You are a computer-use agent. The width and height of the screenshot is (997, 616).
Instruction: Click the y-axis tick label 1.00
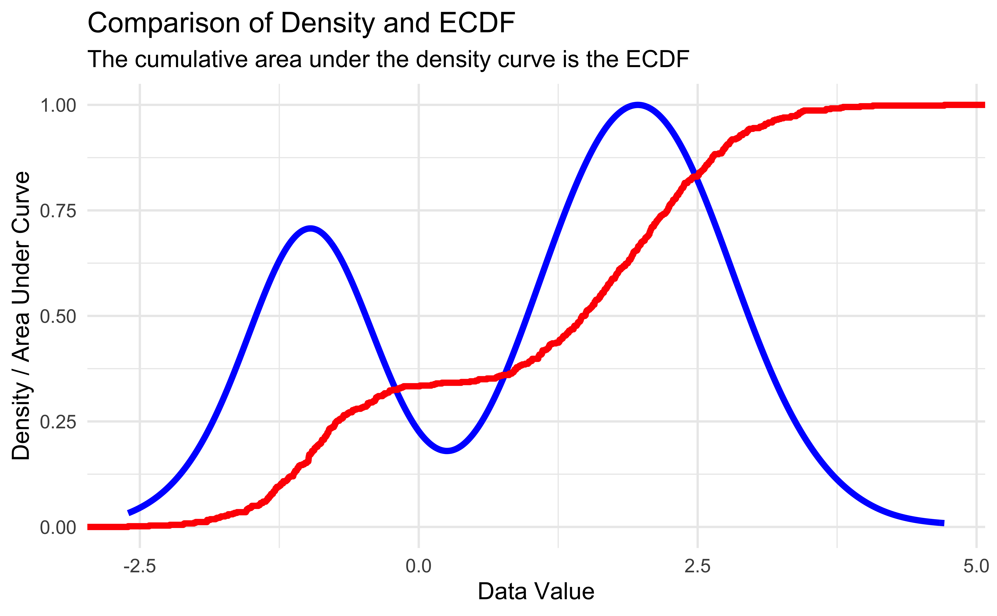click(58, 106)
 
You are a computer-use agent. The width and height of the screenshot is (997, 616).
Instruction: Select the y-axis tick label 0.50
click(58, 317)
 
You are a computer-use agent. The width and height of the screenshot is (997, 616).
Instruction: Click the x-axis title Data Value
click(536, 592)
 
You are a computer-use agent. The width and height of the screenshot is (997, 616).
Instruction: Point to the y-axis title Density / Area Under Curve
click(21, 316)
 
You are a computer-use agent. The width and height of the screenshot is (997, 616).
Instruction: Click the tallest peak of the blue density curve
click(638, 105)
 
